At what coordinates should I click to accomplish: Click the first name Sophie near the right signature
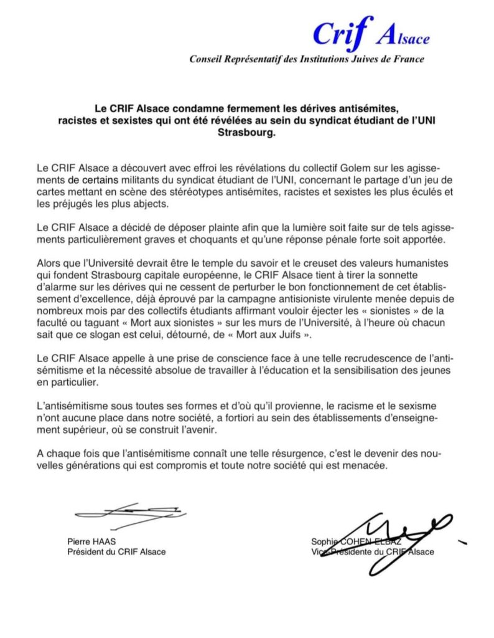pyautogui.click(x=323, y=541)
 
